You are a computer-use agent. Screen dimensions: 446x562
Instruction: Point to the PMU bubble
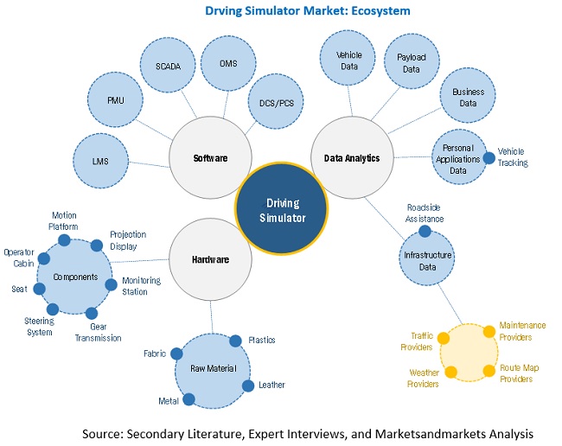116,100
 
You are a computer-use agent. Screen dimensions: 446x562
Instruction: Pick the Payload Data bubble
411,60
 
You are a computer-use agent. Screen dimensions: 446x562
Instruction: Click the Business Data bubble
468,97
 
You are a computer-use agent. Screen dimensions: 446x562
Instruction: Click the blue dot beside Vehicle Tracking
489,157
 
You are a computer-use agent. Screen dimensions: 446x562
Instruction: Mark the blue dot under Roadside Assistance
425,231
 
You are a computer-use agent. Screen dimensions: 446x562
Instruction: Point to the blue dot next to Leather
249,385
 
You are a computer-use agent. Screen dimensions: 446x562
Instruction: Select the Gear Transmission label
104,333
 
